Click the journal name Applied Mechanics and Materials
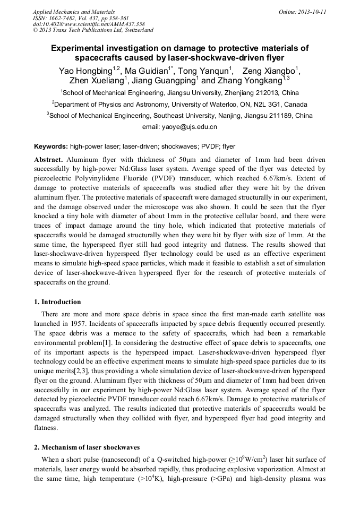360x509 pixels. pos(73,12)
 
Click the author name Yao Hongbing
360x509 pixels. pos(83,71)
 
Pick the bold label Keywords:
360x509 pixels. pos(51,146)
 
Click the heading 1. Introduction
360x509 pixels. pos(57,302)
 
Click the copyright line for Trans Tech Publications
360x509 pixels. pos(93,30)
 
